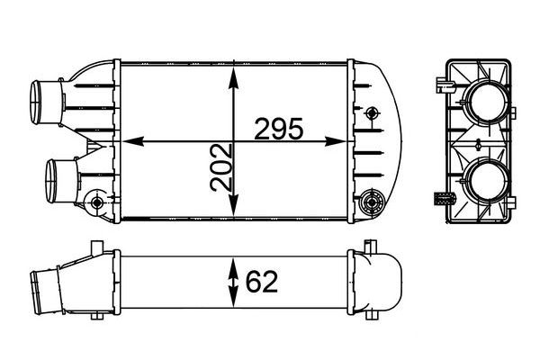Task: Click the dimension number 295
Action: [279, 129]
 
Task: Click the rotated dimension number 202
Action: [220, 167]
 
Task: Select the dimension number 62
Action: [261, 282]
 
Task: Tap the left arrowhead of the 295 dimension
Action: [132, 141]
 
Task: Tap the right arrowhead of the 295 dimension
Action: [335, 141]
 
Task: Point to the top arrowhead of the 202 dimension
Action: [234, 78]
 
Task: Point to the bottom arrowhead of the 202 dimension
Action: [234, 204]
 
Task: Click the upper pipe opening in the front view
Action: [35, 103]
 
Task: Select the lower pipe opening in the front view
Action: [50, 181]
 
